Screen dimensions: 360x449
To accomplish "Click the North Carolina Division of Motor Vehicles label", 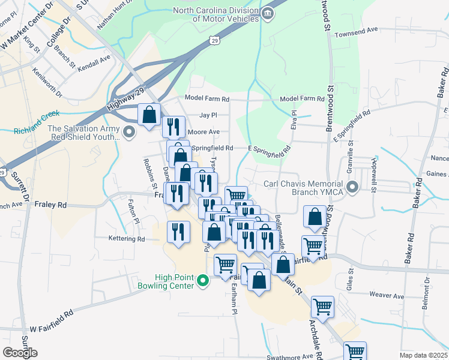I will (x=216, y=14).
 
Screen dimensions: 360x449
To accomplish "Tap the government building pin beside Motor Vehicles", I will (x=268, y=14).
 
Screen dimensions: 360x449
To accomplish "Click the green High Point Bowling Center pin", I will (x=203, y=280).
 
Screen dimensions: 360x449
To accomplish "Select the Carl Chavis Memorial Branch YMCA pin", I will (x=354, y=187).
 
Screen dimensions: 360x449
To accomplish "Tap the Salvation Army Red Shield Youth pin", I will (x=128, y=131).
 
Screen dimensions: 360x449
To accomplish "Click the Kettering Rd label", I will (x=127, y=239).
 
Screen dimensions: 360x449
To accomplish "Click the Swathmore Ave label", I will (x=291, y=356).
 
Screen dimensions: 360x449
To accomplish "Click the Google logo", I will (x=20, y=352).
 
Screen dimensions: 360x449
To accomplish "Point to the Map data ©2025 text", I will (x=423, y=355).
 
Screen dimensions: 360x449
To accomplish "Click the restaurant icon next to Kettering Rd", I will (x=178, y=233).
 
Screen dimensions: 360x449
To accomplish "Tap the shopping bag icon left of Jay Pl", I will (x=149, y=114).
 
